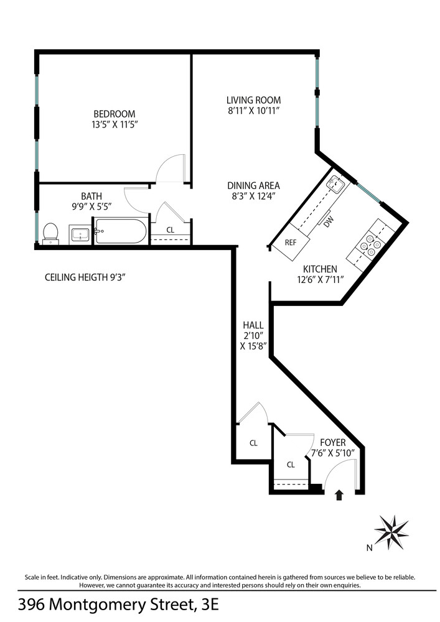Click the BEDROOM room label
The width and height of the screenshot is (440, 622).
[114, 114]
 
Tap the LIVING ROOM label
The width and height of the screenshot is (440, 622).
[253, 100]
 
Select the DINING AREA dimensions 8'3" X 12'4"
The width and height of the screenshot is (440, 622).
[253, 196]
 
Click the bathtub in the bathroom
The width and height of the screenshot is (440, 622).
[121, 232]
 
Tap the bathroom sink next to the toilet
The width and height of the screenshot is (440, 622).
[80, 235]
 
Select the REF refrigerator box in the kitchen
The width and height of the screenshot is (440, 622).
[291, 243]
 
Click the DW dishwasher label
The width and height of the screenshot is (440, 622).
[327, 222]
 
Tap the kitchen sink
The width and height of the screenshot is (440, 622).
[337, 182]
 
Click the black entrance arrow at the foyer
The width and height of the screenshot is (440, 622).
[339, 495]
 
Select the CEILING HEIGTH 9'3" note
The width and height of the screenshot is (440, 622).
[85, 277]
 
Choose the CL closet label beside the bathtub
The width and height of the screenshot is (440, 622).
[171, 230]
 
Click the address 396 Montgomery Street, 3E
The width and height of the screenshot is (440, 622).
[118, 605]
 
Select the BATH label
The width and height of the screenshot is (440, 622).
[91, 195]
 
